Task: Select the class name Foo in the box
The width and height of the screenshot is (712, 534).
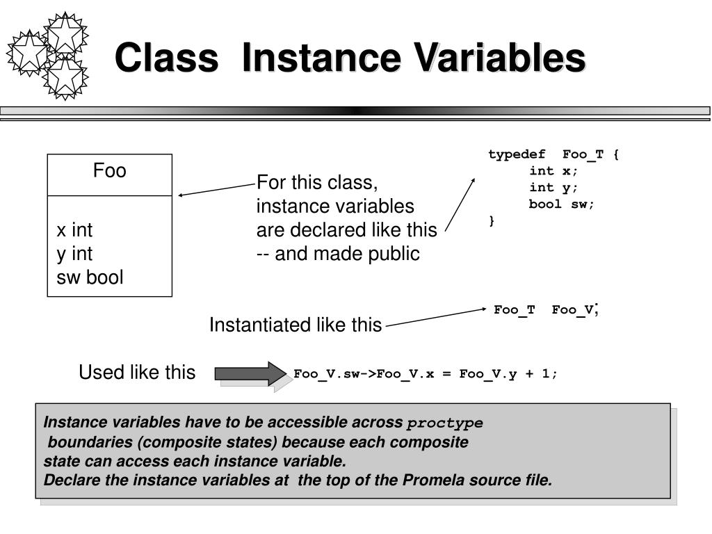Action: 110,171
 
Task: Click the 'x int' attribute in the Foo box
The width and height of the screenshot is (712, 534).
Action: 74,230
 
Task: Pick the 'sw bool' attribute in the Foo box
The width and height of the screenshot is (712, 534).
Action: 90,277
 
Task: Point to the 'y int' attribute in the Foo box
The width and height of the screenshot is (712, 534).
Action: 74,254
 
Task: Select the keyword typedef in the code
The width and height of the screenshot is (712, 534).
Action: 517,154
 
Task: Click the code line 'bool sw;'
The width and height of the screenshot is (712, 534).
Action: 562,204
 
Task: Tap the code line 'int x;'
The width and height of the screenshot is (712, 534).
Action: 553,171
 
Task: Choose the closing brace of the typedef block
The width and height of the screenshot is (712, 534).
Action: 492,221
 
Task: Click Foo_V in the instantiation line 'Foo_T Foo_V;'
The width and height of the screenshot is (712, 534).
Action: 573,310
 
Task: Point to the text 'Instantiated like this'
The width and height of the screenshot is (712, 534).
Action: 296,325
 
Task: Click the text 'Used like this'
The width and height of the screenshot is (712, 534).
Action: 137,373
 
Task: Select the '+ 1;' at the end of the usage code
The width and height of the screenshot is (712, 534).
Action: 542,374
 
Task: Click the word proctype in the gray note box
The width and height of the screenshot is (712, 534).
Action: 445,423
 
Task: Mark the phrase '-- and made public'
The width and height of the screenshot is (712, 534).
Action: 338,254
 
